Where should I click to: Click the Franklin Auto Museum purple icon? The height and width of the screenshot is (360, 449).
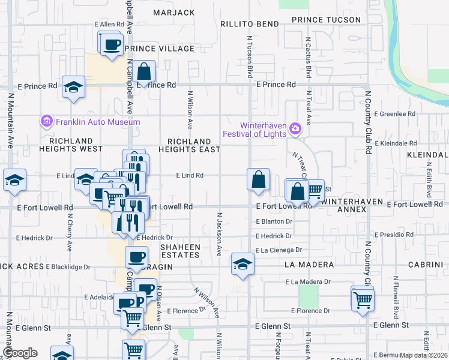pyautogui.click(x=46, y=122)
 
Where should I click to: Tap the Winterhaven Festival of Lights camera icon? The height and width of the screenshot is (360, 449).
pyautogui.click(x=295, y=128)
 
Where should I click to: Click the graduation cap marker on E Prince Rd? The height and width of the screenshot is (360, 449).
pyautogui.click(x=73, y=87)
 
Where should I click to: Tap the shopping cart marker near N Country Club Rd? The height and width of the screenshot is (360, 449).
pyautogui.click(x=363, y=299)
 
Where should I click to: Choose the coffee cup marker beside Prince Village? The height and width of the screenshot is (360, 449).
pyautogui.click(x=111, y=45)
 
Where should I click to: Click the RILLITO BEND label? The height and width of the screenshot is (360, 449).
pyautogui.click(x=249, y=24)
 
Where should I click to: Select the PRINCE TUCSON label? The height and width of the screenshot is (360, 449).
pyautogui.click(x=326, y=20)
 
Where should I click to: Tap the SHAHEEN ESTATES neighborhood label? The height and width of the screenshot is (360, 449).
pyautogui.click(x=179, y=250)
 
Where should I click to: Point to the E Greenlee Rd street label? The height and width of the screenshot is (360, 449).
pyautogui.click(x=394, y=113)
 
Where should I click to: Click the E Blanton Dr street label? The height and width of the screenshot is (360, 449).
pyautogui.click(x=273, y=221)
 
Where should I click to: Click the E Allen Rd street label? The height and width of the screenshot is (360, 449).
pyautogui.click(x=109, y=24)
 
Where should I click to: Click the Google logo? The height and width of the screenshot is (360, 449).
pyautogui.click(x=20, y=353)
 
